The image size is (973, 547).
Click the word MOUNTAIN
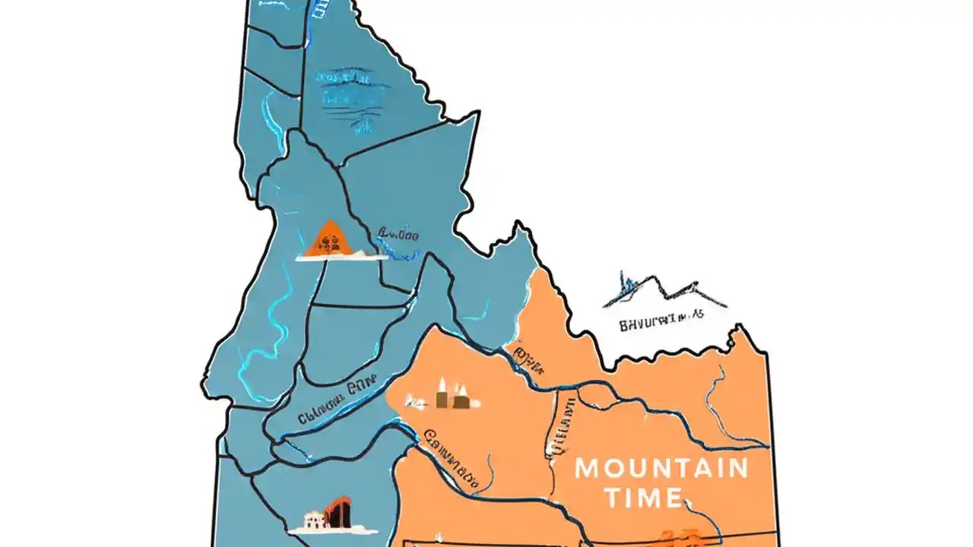click(661, 468)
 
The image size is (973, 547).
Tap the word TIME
click(632, 498)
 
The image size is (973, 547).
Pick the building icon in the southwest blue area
click(334, 514)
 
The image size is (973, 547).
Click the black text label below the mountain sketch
click(661, 324)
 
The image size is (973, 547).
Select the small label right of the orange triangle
click(398, 236)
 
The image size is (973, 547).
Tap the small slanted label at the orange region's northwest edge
click(528, 362)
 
